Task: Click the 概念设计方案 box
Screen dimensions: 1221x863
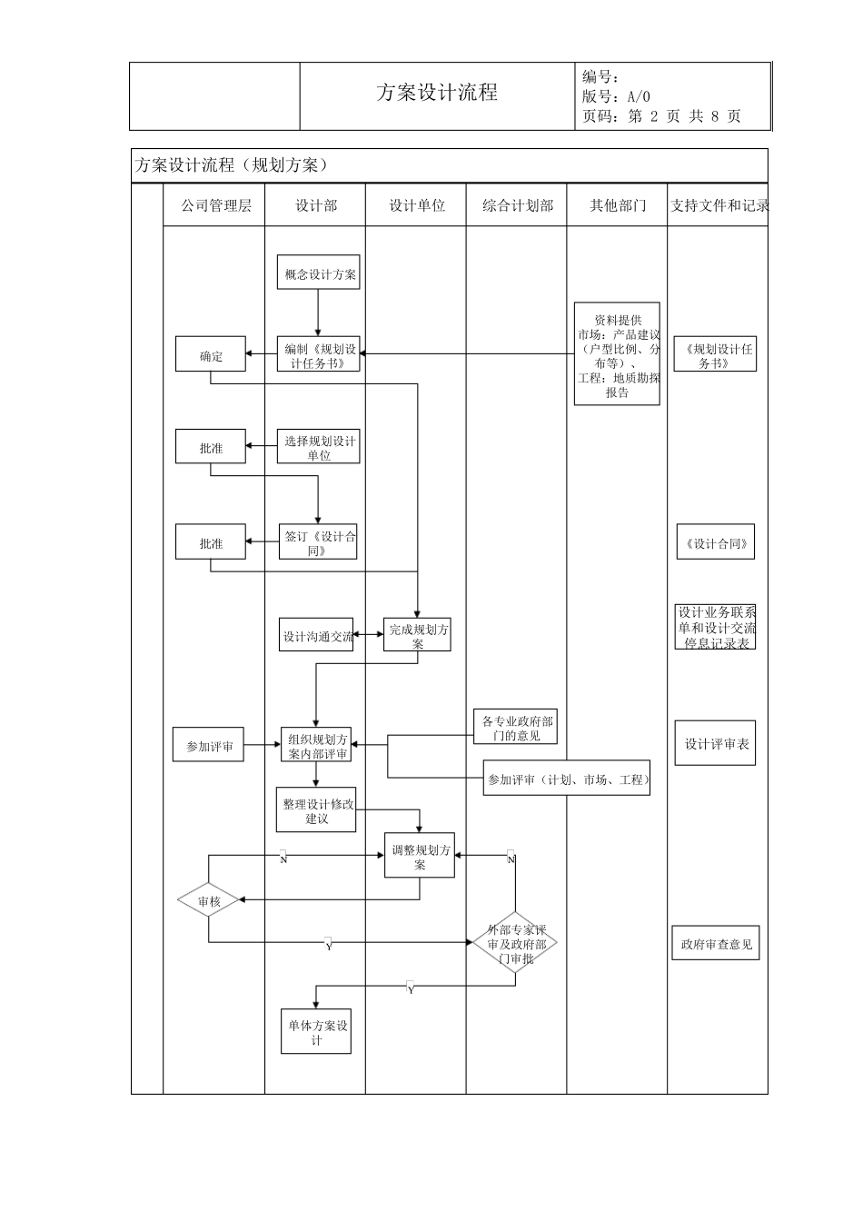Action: pyautogui.click(x=318, y=273)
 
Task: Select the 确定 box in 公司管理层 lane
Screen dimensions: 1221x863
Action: pyautogui.click(x=211, y=356)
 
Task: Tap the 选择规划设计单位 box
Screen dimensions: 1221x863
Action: pyautogui.click(x=318, y=447)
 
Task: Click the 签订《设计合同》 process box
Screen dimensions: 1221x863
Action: pyautogui.click(x=317, y=542)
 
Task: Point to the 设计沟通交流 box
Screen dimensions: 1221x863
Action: pyautogui.click(x=316, y=636)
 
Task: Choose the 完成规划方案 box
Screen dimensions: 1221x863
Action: pyautogui.click(x=418, y=635)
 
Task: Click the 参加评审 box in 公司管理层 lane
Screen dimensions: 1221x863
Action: pyautogui.click(x=209, y=746)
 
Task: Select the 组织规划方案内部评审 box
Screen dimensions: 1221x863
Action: pyautogui.click(x=317, y=746)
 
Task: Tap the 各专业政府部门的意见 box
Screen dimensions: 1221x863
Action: pyautogui.click(x=516, y=727)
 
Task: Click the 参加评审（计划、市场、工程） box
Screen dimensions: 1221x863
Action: pyautogui.click(x=567, y=779)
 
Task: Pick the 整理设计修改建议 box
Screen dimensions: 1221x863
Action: pyautogui.click(x=316, y=810)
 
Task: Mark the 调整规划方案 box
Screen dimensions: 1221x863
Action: pyautogui.click(x=419, y=856)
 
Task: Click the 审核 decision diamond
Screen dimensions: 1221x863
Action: pyautogui.click(x=209, y=900)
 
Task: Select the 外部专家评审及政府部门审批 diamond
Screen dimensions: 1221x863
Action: pyautogui.click(x=515, y=943)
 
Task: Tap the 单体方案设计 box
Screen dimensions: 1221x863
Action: pyautogui.click(x=316, y=1032)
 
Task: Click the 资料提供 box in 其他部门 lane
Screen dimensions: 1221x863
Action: pyautogui.click(x=617, y=355)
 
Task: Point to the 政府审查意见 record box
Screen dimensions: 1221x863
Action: pyautogui.click(x=716, y=943)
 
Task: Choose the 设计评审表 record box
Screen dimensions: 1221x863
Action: pyautogui.click(x=716, y=744)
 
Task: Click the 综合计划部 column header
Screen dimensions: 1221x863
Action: pyautogui.click(x=516, y=205)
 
